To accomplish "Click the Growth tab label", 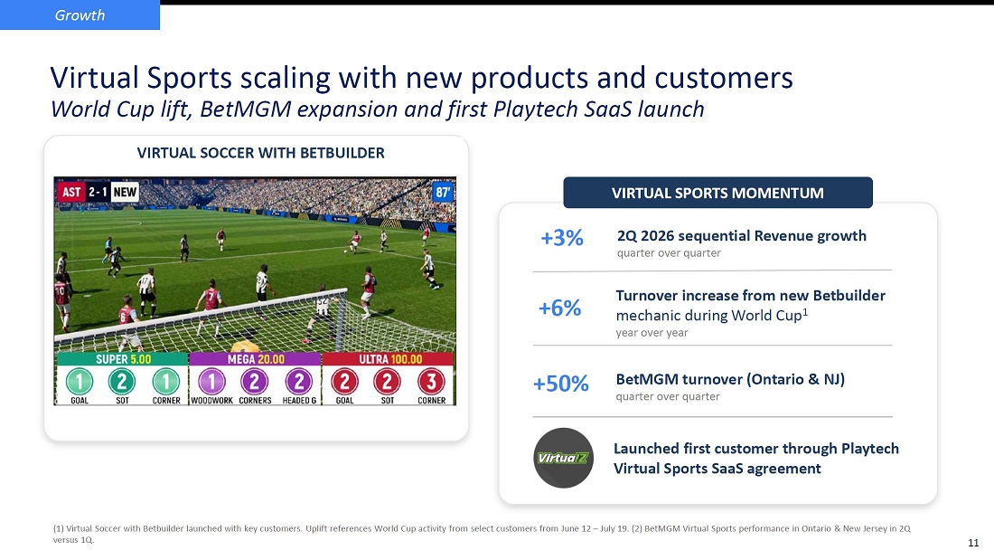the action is [x=80, y=15].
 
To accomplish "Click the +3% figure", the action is [x=562, y=238].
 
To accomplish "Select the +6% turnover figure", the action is [x=559, y=308].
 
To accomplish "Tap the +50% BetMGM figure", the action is [x=560, y=384].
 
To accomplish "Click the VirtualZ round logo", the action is [x=563, y=458].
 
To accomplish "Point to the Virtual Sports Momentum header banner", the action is [x=717, y=193].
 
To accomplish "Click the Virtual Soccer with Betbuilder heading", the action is [x=260, y=153].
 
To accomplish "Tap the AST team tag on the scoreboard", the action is [x=71, y=192].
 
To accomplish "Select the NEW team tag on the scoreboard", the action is [x=125, y=192].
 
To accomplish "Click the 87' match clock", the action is [x=443, y=193].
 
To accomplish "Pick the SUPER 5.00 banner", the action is [x=123, y=359].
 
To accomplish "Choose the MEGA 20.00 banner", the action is [x=256, y=359].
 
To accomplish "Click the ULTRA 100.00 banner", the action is [x=389, y=359].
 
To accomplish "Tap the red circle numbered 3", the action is [x=431, y=382].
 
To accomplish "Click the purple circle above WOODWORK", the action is [x=211, y=382].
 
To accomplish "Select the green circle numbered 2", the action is [x=122, y=382].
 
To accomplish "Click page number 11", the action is [x=973, y=543].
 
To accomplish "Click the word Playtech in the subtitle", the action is [x=536, y=109].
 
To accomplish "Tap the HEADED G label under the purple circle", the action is [x=299, y=401].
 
